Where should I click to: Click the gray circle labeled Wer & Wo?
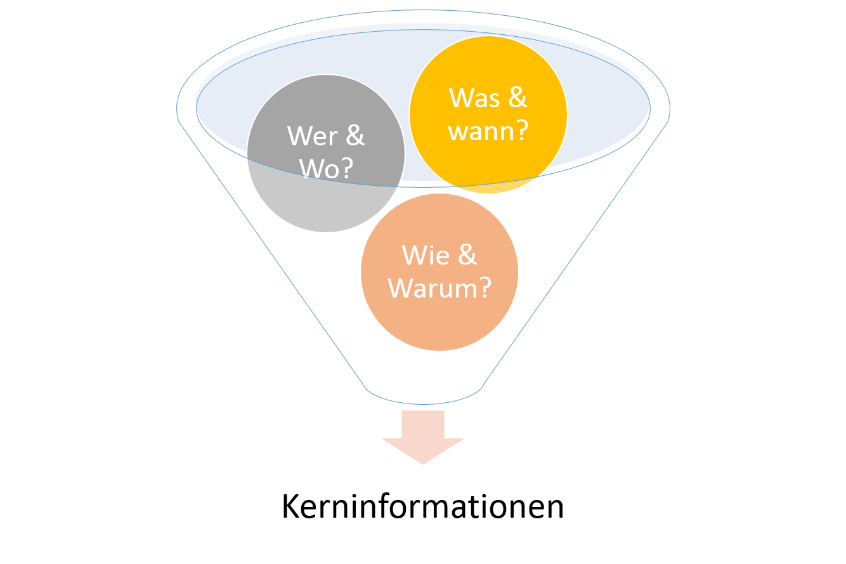(x=325, y=154)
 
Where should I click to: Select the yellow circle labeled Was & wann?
(x=488, y=114)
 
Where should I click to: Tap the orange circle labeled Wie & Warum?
(x=439, y=272)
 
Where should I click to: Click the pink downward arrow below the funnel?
(x=423, y=437)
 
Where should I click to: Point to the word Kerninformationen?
(x=422, y=506)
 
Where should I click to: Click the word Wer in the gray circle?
(x=313, y=136)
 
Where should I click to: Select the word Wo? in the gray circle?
(x=326, y=168)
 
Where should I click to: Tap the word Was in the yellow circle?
(x=474, y=98)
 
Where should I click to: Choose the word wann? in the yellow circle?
(x=488, y=131)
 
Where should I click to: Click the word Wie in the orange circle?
(x=426, y=256)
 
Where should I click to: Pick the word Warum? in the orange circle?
(x=439, y=288)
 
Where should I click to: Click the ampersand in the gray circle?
(x=355, y=136)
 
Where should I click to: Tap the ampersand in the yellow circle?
(x=517, y=98)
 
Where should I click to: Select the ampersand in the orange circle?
(x=467, y=255)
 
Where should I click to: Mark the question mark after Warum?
(x=485, y=287)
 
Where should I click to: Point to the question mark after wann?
(x=522, y=130)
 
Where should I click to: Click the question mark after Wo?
(x=347, y=167)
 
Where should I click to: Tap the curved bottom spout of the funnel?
(x=423, y=404)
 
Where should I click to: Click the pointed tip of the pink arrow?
(x=423, y=464)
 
